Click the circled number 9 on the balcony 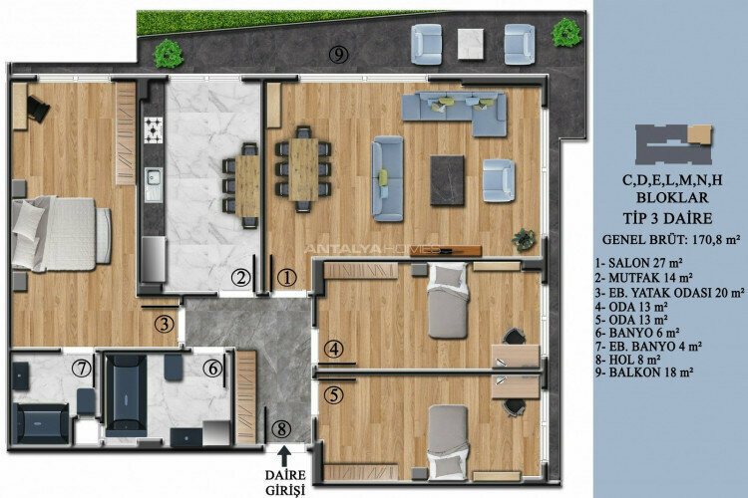pyautogui.click(x=339, y=55)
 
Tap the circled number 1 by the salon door pyautogui.click(x=286, y=278)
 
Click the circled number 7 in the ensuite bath pyautogui.click(x=81, y=368)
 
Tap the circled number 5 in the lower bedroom pyautogui.click(x=333, y=394)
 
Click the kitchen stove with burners pyautogui.click(x=155, y=129)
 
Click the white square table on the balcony pyautogui.click(x=470, y=42)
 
